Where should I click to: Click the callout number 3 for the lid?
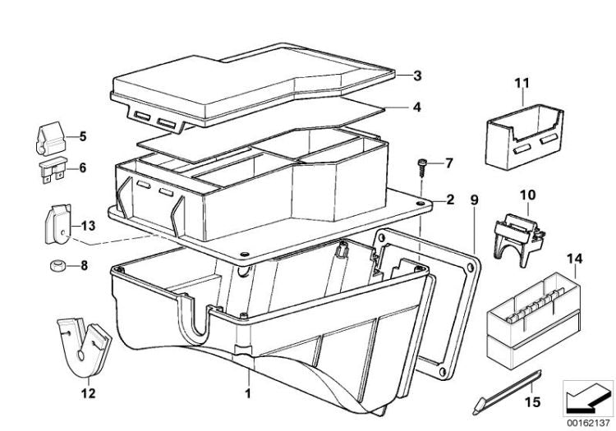pyautogui.click(x=417, y=76)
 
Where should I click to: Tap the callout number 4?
pyautogui.click(x=416, y=108)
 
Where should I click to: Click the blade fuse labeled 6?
pyautogui.click(x=53, y=170)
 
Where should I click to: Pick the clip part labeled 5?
pyautogui.click(x=50, y=138)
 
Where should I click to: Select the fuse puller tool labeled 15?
pyautogui.click(x=508, y=392)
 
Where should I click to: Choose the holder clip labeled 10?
pyautogui.click(x=518, y=240)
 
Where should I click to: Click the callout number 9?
pyautogui.click(x=475, y=200)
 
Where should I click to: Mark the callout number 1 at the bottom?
pyautogui.click(x=248, y=393)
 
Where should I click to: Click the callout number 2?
pyautogui.click(x=450, y=199)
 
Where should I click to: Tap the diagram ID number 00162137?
pyautogui.click(x=588, y=423)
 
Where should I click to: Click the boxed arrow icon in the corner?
pyautogui.click(x=588, y=398)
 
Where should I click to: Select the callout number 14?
pyautogui.click(x=575, y=259)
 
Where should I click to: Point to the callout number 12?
pyautogui.click(x=88, y=393)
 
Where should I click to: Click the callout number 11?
pyautogui.click(x=522, y=83)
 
